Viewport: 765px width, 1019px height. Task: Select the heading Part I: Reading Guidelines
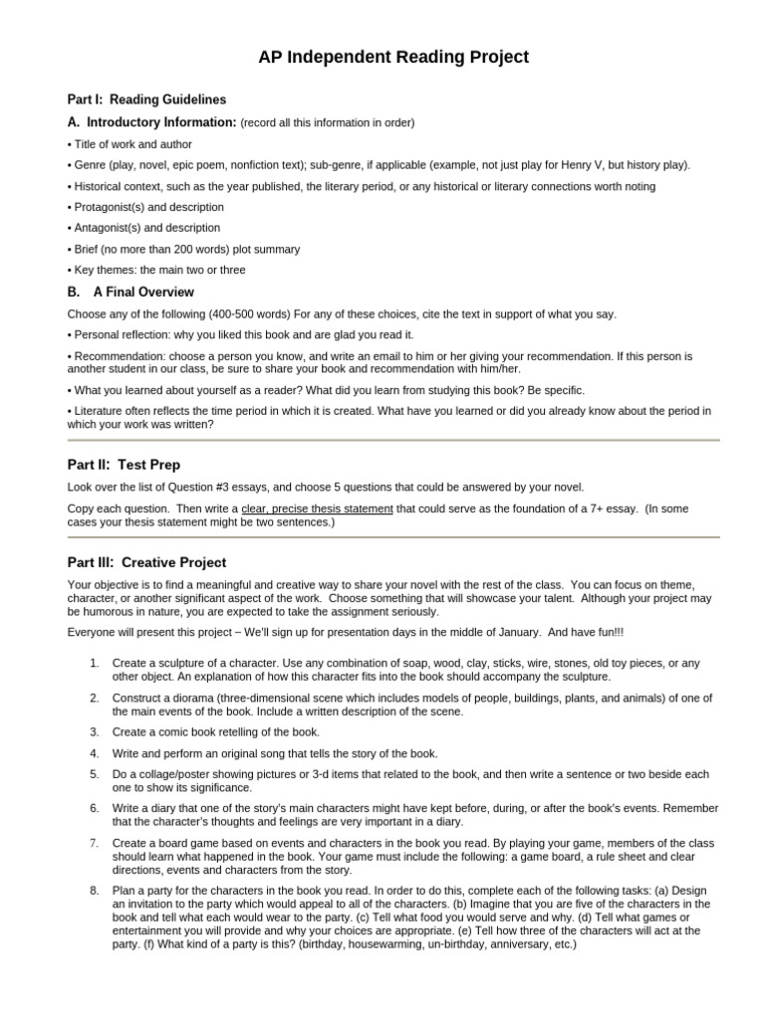coord(146,100)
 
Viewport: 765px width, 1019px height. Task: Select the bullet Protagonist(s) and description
coord(145,207)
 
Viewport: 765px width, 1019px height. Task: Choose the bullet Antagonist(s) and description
coord(143,228)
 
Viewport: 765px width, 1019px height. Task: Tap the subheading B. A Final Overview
coord(130,293)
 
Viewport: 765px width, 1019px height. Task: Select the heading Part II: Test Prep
coord(124,465)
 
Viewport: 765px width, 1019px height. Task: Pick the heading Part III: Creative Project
coord(146,562)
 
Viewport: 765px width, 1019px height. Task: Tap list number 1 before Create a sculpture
coord(93,663)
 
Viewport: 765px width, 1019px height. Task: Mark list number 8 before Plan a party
coord(93,889)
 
